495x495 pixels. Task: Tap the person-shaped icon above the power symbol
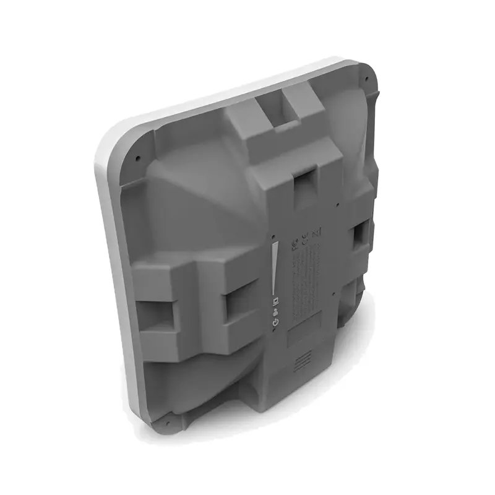pos(275,312)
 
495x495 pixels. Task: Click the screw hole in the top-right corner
pos(367,79)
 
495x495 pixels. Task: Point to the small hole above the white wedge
pos(272,236)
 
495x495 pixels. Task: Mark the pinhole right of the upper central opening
pos(337,202)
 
